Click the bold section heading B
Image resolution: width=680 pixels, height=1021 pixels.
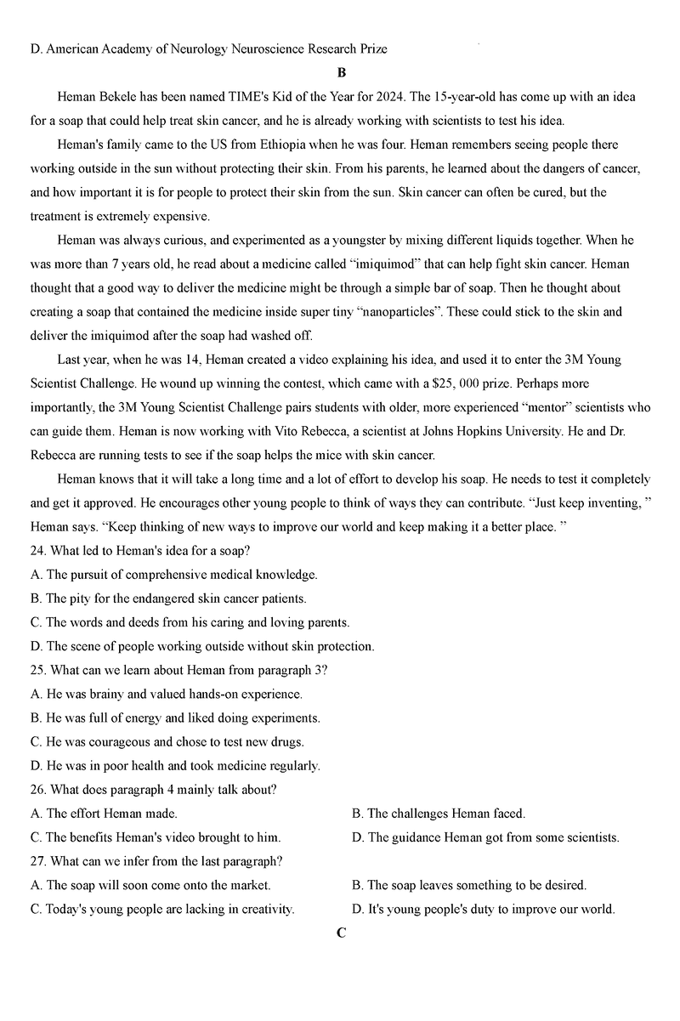tap(341, 73)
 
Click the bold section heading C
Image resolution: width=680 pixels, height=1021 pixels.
tap(341, 933)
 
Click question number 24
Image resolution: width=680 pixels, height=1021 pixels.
tap(37, 551)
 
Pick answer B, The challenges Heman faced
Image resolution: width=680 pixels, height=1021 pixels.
tap(438, 814)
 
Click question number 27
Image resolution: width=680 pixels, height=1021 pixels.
tap(37, 861)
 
